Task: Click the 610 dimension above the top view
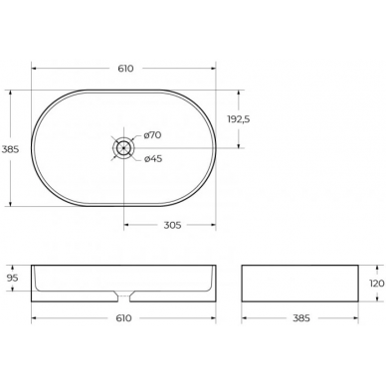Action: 125,69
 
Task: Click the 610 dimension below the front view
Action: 123,318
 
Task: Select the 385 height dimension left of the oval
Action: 11,149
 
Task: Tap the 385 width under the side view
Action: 301,318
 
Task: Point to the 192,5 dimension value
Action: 239,119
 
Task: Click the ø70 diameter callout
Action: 152,135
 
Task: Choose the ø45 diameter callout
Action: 153,159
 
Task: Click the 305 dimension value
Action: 172,225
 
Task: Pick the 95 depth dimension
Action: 13,278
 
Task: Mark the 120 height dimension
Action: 377,284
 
